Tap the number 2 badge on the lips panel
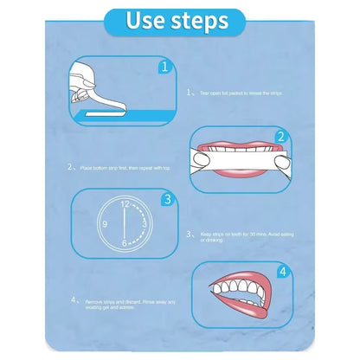click(x=280, y=138)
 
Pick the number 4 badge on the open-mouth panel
click(x=280, y=271)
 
